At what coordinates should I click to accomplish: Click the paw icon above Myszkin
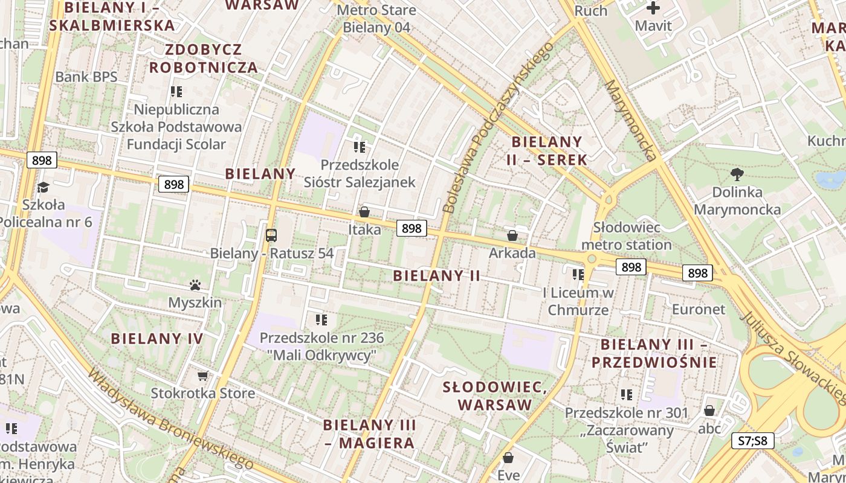[195, 284]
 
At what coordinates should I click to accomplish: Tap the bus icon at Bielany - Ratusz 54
[271, 235]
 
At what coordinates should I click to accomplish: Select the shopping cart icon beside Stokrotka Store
[202, 376]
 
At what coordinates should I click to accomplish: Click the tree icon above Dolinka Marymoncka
[737, 174]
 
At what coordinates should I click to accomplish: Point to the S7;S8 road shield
[752, 441]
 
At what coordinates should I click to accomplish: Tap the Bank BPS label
[86, 77]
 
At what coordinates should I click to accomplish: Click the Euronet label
[699, 309]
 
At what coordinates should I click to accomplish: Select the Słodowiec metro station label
[626, 236]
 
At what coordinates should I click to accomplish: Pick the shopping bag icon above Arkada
[512, 235]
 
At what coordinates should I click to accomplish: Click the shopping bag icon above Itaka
[364, 212]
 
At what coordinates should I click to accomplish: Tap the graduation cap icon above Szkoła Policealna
[42, 187]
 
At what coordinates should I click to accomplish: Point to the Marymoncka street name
[630, 121]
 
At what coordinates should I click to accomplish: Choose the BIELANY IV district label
[157, 339]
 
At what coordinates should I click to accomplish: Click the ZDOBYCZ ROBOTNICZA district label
[204, 59]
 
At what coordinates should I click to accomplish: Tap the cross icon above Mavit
[653, 8]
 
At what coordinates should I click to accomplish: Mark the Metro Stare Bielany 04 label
[376, 19]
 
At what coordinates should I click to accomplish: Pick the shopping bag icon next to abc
[709, 411]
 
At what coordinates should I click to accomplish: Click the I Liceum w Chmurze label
[578, 301]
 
